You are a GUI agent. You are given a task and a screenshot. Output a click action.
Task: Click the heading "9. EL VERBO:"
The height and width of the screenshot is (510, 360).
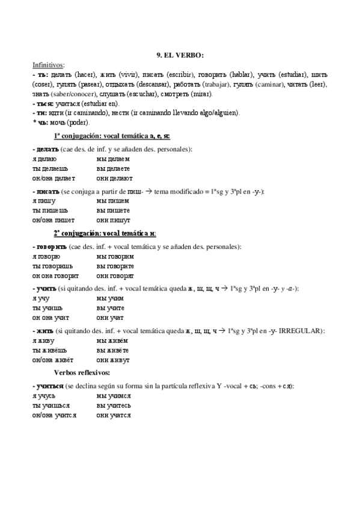click(x=180, y=55)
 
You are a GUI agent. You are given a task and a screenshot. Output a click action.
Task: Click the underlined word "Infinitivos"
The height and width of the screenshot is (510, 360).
click(x=49, y=64)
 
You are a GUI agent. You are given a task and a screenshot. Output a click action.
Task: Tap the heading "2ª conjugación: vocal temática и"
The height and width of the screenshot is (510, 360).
click(x=105, y=233)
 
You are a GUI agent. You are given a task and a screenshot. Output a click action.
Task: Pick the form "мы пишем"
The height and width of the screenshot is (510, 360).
click(x=111, y=201)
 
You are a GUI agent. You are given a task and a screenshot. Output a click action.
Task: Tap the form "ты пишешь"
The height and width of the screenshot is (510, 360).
click(x=50, y=210)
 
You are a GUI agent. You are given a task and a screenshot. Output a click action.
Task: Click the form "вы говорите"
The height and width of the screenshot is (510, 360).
click(x=115, y=266)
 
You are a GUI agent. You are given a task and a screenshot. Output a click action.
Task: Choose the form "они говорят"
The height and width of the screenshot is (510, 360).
click(x=115, y=275)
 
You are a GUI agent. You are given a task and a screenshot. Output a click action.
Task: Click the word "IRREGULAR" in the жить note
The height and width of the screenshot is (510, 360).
click(x=302, y=330)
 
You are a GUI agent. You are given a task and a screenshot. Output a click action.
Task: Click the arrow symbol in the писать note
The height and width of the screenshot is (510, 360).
click(x=147, y=191)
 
